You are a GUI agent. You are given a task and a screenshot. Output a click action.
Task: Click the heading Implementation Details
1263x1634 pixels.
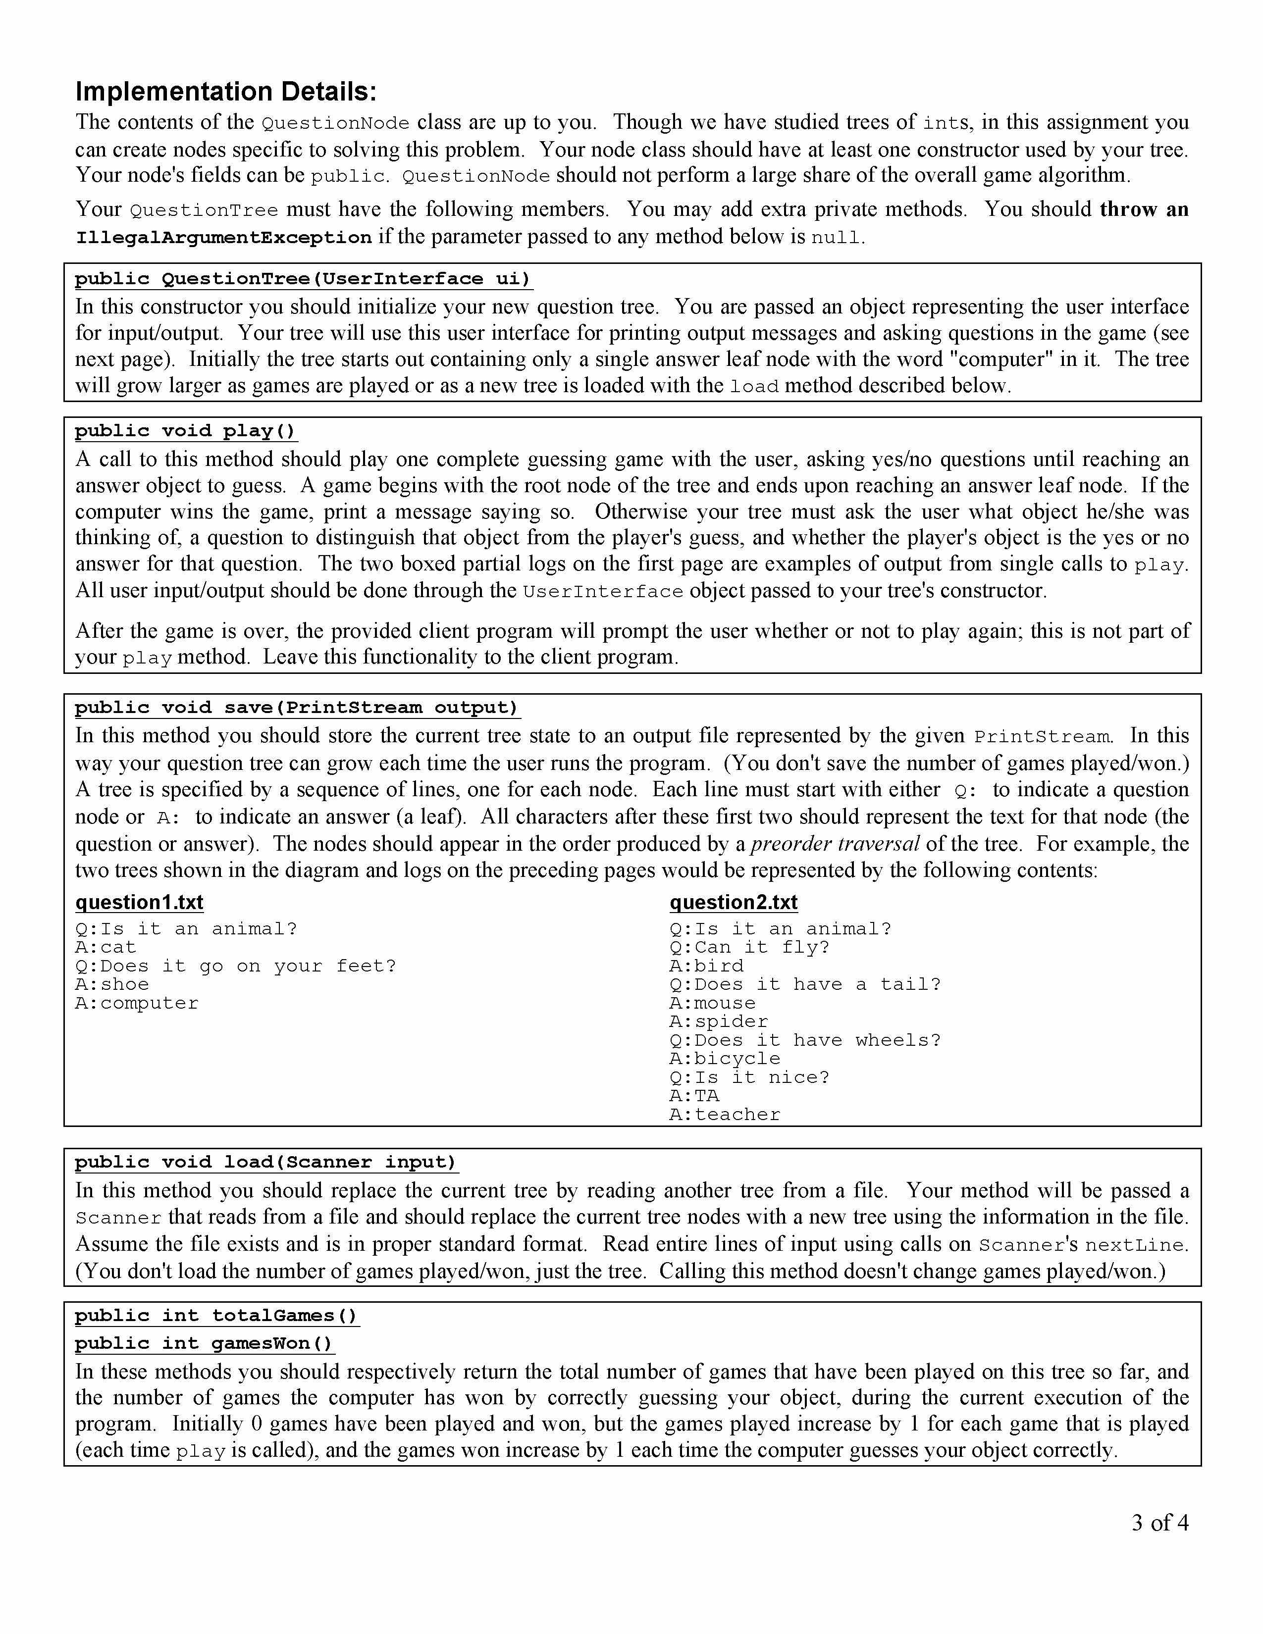[x=226, y=92]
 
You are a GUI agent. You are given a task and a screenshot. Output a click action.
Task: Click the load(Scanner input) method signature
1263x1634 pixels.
[x=265, y=1162]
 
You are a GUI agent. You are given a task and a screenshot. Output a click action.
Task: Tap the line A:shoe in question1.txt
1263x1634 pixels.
[x=112, y=984]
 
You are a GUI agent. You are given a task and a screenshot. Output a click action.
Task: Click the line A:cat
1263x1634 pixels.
[x=105, y=947]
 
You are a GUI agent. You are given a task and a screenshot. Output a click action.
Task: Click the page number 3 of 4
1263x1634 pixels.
[x=1159, y=1523]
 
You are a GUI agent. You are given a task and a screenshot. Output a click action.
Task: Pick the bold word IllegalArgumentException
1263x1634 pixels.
[x=223, y=238]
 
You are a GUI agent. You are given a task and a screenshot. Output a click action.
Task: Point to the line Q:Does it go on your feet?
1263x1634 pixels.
[x=236, y=966]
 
